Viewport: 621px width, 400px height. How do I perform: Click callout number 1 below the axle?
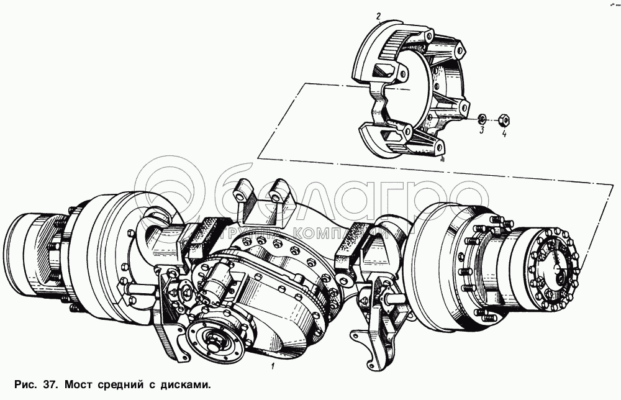(x=273, y=366)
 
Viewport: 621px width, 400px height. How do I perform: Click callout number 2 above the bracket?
(x=378, y=17)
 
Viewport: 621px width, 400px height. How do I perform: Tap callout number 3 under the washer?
(x=482, y=130)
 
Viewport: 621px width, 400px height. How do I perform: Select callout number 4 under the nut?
(x=504, y=134)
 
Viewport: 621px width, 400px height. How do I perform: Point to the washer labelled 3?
(x=482, y=118)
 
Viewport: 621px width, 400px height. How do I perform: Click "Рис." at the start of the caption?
(x=25, y=384)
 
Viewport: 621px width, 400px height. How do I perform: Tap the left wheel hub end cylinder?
(x=28, y=253)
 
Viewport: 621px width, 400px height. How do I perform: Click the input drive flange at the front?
(x=216, y=339)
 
